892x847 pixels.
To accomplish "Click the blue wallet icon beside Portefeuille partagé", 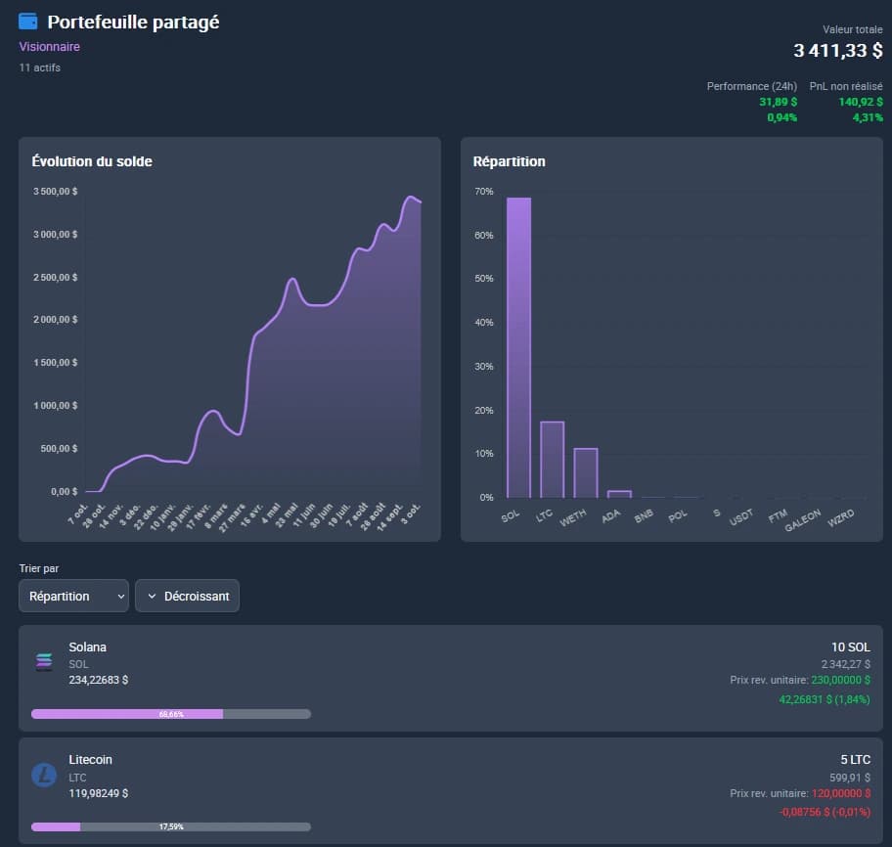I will point(28,22).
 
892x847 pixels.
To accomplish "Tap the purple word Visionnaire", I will point(49,47).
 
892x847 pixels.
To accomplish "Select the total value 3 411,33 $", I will point(837,51).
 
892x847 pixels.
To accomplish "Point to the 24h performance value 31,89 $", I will point(778,102).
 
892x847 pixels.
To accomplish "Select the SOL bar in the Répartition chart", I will point(518,347).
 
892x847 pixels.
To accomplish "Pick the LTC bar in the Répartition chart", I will point(553,459).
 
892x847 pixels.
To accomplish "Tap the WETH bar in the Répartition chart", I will point(585,472).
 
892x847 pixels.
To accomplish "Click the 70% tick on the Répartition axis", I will point(484,192).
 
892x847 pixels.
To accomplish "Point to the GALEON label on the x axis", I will point(802,519).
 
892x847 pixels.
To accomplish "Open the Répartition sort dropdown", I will point(73,596).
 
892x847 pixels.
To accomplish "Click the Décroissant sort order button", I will point(187,596).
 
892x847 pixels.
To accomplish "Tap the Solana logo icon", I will point(44,662).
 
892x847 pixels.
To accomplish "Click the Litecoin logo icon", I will point(44,775).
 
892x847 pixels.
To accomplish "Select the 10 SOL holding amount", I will point(850,647).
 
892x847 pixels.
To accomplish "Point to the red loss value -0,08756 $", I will point(825,811).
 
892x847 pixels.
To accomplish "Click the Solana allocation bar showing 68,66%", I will point(170,714).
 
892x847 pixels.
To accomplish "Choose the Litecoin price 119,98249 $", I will point(98,793).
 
